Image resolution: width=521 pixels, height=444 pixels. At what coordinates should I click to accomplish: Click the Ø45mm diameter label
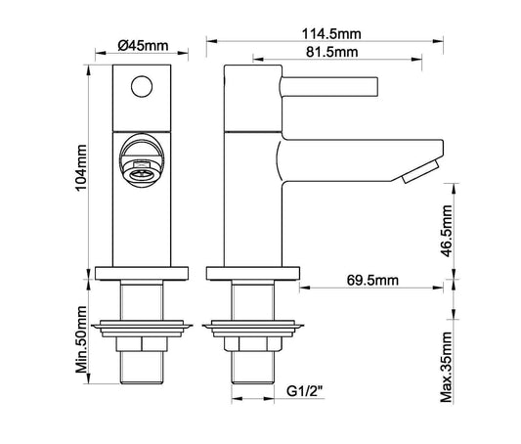click(140, 45)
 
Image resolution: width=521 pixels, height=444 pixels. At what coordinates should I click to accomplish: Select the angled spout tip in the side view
click(417, 172)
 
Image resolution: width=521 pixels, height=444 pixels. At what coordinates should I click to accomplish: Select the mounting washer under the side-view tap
click(251, 324)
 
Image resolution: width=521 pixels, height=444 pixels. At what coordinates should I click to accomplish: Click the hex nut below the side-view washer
click(251, 344)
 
